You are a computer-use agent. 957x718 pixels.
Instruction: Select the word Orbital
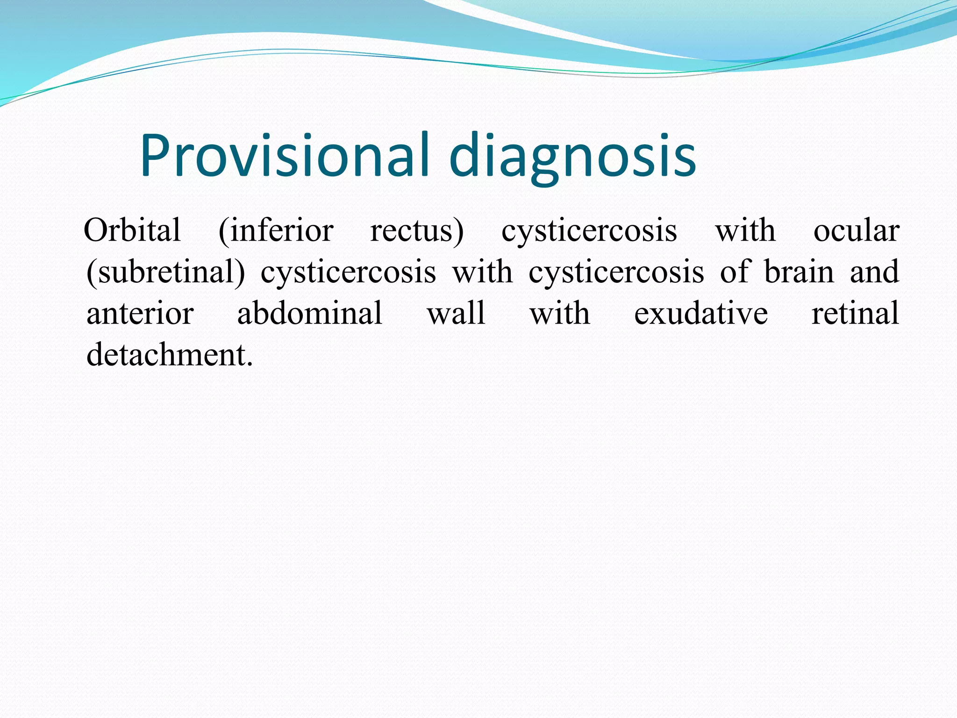point(132,230)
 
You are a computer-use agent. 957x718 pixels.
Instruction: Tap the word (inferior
point(276,230)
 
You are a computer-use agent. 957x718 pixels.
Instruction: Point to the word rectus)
point(417,231)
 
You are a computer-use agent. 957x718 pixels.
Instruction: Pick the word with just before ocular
point(745,230)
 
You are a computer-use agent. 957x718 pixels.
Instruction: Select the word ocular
point(856,230)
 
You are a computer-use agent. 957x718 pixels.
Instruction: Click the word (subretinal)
point(165,272)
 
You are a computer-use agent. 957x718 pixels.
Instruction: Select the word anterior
point(140,313)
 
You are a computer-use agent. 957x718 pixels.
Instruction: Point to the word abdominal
point(310,313)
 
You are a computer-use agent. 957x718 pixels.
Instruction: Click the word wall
point(456,313)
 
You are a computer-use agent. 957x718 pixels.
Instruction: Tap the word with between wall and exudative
point(559,313)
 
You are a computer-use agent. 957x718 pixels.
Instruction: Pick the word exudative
point(700,313)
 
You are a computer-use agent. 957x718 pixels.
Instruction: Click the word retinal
point(855,313)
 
